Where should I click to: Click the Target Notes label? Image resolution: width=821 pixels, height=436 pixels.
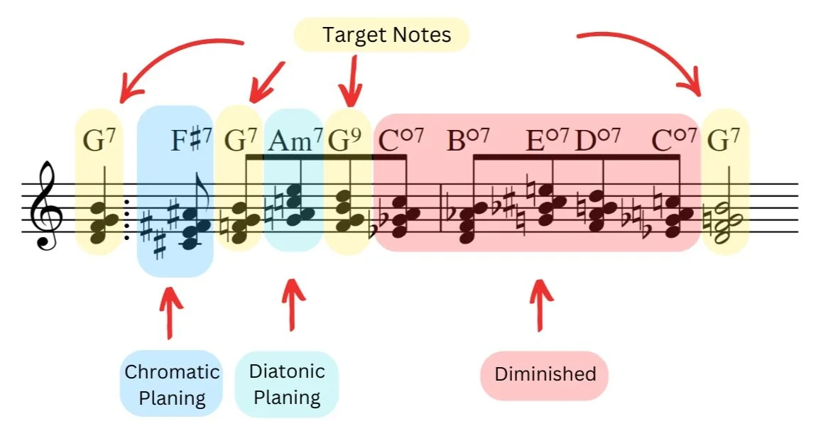381,35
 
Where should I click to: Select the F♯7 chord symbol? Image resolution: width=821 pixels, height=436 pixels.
192,140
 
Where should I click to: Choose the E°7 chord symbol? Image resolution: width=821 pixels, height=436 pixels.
547,140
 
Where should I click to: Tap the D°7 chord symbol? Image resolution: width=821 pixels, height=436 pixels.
597,140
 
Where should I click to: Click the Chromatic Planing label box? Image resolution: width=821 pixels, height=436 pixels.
172,383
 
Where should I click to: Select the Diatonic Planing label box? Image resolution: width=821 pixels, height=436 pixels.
287,383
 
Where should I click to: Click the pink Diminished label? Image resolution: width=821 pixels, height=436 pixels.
545,374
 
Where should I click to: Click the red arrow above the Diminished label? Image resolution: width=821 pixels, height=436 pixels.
541,305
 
